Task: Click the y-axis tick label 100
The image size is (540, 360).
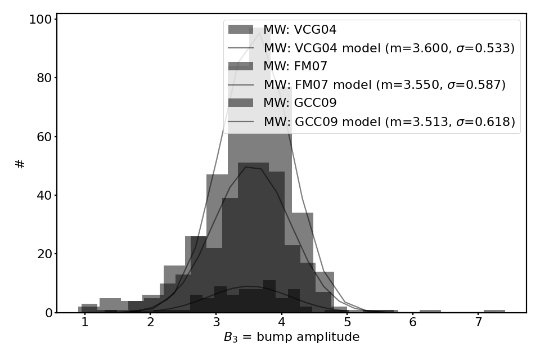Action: pyautogui.click(x=40, y=19)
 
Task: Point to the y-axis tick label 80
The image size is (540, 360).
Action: pyautogui.click(x=44, y=78)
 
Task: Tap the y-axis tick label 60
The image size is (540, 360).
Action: pyautogui.click(x=44, y=137)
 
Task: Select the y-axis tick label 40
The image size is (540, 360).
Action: pyautogui.click(x=44, y=195)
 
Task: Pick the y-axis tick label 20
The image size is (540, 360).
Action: pyautogui.click(x=44, y=254)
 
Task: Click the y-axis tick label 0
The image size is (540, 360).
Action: pyautogui.click(x=48, y=313)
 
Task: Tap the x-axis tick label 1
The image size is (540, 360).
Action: pyautogui.click(x=85, y=322)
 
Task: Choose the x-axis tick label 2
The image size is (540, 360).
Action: pyautogui.click(x=151, y=322)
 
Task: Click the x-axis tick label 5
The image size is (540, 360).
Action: pyautogui.click(x=347, y=322)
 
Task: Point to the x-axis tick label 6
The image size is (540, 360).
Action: pyautogui.click(x=413, y=322)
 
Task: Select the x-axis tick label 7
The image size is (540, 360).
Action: pyautogui.click(x=478, y=322)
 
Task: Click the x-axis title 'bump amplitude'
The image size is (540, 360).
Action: pyautogui.click(x=308, y=336)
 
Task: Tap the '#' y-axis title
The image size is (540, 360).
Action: pyautogui.click(x=20, y=164)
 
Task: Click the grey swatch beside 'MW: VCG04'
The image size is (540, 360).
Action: pyautogui.click(x=241, y=30)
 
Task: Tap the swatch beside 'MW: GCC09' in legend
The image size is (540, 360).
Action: pyautogui.click(x=241, y=103)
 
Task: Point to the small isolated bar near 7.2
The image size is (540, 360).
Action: pyautogui.click(x=494, y=312)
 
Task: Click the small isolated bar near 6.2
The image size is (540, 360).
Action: pyautogui.click(x=430, y=312)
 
